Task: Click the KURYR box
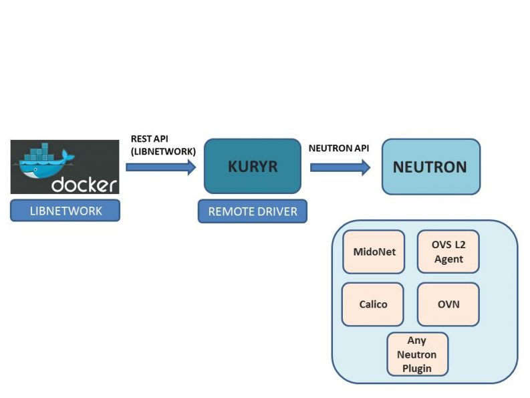pos(253,166)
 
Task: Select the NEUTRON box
pos(431,167)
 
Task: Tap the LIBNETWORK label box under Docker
pos(65,211)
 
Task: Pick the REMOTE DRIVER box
pos(253,211)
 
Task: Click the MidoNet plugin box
pos(374,252)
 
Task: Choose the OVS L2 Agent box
pos(448,252)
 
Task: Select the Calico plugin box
pos(373,304)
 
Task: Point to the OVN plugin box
pos(448,304)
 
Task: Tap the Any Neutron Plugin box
pos(418,354)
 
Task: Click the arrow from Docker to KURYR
pos(161,167)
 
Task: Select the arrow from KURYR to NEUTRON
pos(340,167)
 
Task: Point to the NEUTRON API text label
pos(339,148)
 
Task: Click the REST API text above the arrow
pos(150,138)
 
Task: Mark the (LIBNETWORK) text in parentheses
pos(163,151)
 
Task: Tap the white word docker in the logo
pos(84,184)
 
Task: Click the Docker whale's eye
pos(35,169)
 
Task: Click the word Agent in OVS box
pos(448,260)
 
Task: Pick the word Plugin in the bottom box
pos(417,368)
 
